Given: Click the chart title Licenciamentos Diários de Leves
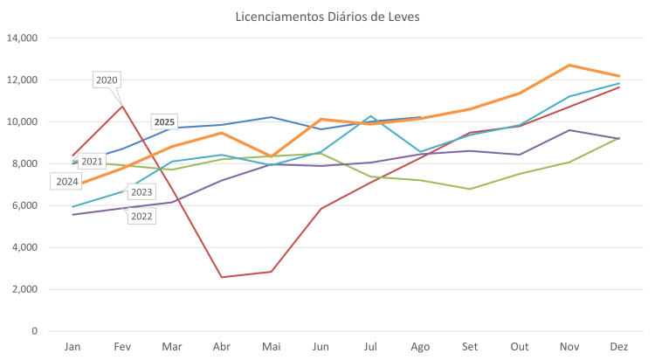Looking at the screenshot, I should coord(327,17).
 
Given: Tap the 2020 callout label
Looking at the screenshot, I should coord(107,80).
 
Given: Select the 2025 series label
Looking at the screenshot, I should coord(164,121).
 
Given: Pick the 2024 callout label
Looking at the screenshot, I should coord(65,182).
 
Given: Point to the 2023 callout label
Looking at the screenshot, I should coord(141,192).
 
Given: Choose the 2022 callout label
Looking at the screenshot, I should coord(141,215).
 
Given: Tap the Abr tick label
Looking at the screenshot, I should coord(222,347).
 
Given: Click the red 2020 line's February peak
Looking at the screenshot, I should coord(122,105).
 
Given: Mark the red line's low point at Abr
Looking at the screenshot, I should coord(222,277).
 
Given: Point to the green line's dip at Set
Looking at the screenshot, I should coord(471,189).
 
